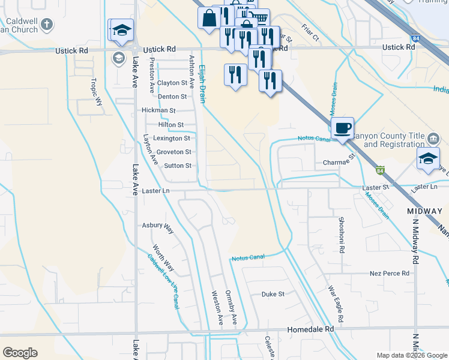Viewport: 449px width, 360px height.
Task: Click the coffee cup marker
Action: [342, 128]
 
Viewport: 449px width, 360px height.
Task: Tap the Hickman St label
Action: [158, 110]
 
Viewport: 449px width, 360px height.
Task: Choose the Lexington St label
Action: [172, 138]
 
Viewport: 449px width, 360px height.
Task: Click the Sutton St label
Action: [178, 166]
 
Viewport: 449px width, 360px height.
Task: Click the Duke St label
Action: [273, 295]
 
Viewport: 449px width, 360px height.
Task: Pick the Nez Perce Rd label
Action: [389, 273]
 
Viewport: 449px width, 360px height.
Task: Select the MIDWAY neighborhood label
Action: [424, 211]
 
